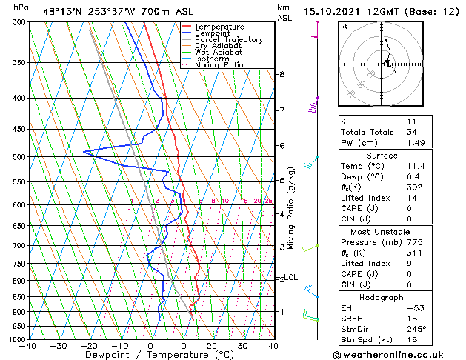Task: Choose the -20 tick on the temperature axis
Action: (88, 346)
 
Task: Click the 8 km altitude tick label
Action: (282, 74)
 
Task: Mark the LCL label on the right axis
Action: (290, 278)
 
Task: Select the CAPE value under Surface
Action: (410, 208)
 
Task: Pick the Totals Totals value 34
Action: (411, 132)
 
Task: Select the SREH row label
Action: (353, 318)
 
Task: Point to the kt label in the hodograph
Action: (344, 27)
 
